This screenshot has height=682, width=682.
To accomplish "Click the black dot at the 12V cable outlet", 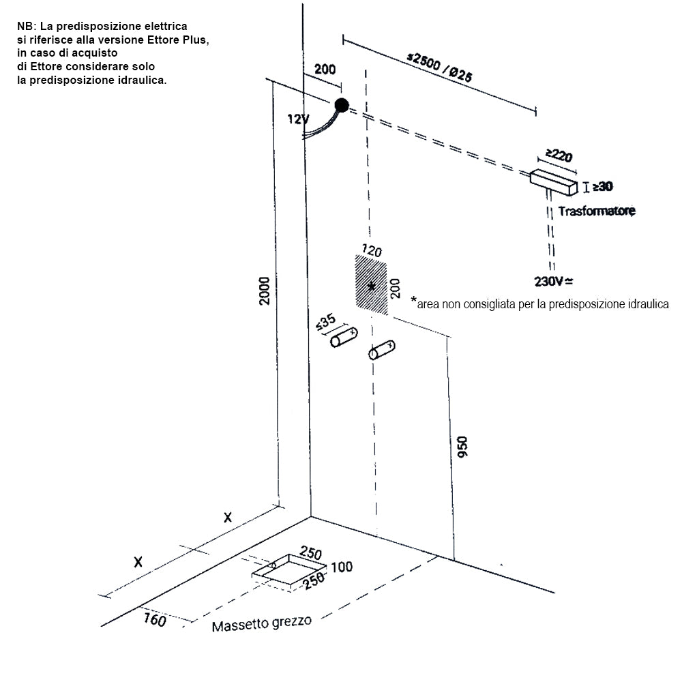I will click(342, 105).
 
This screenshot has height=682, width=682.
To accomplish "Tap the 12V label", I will click(298, 119).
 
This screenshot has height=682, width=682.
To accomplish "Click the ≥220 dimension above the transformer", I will click(559, 156).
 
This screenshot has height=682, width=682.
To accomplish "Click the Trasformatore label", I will click(597, 211).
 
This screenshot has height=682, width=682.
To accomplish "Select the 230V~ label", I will click(553, 280).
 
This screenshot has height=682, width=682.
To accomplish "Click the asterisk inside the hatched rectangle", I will click(372, 286).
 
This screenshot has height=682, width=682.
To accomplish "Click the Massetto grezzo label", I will click(262, 623).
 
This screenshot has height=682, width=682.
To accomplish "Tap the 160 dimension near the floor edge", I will click(155, 620).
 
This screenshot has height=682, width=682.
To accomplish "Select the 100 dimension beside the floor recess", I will click(342, 567).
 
